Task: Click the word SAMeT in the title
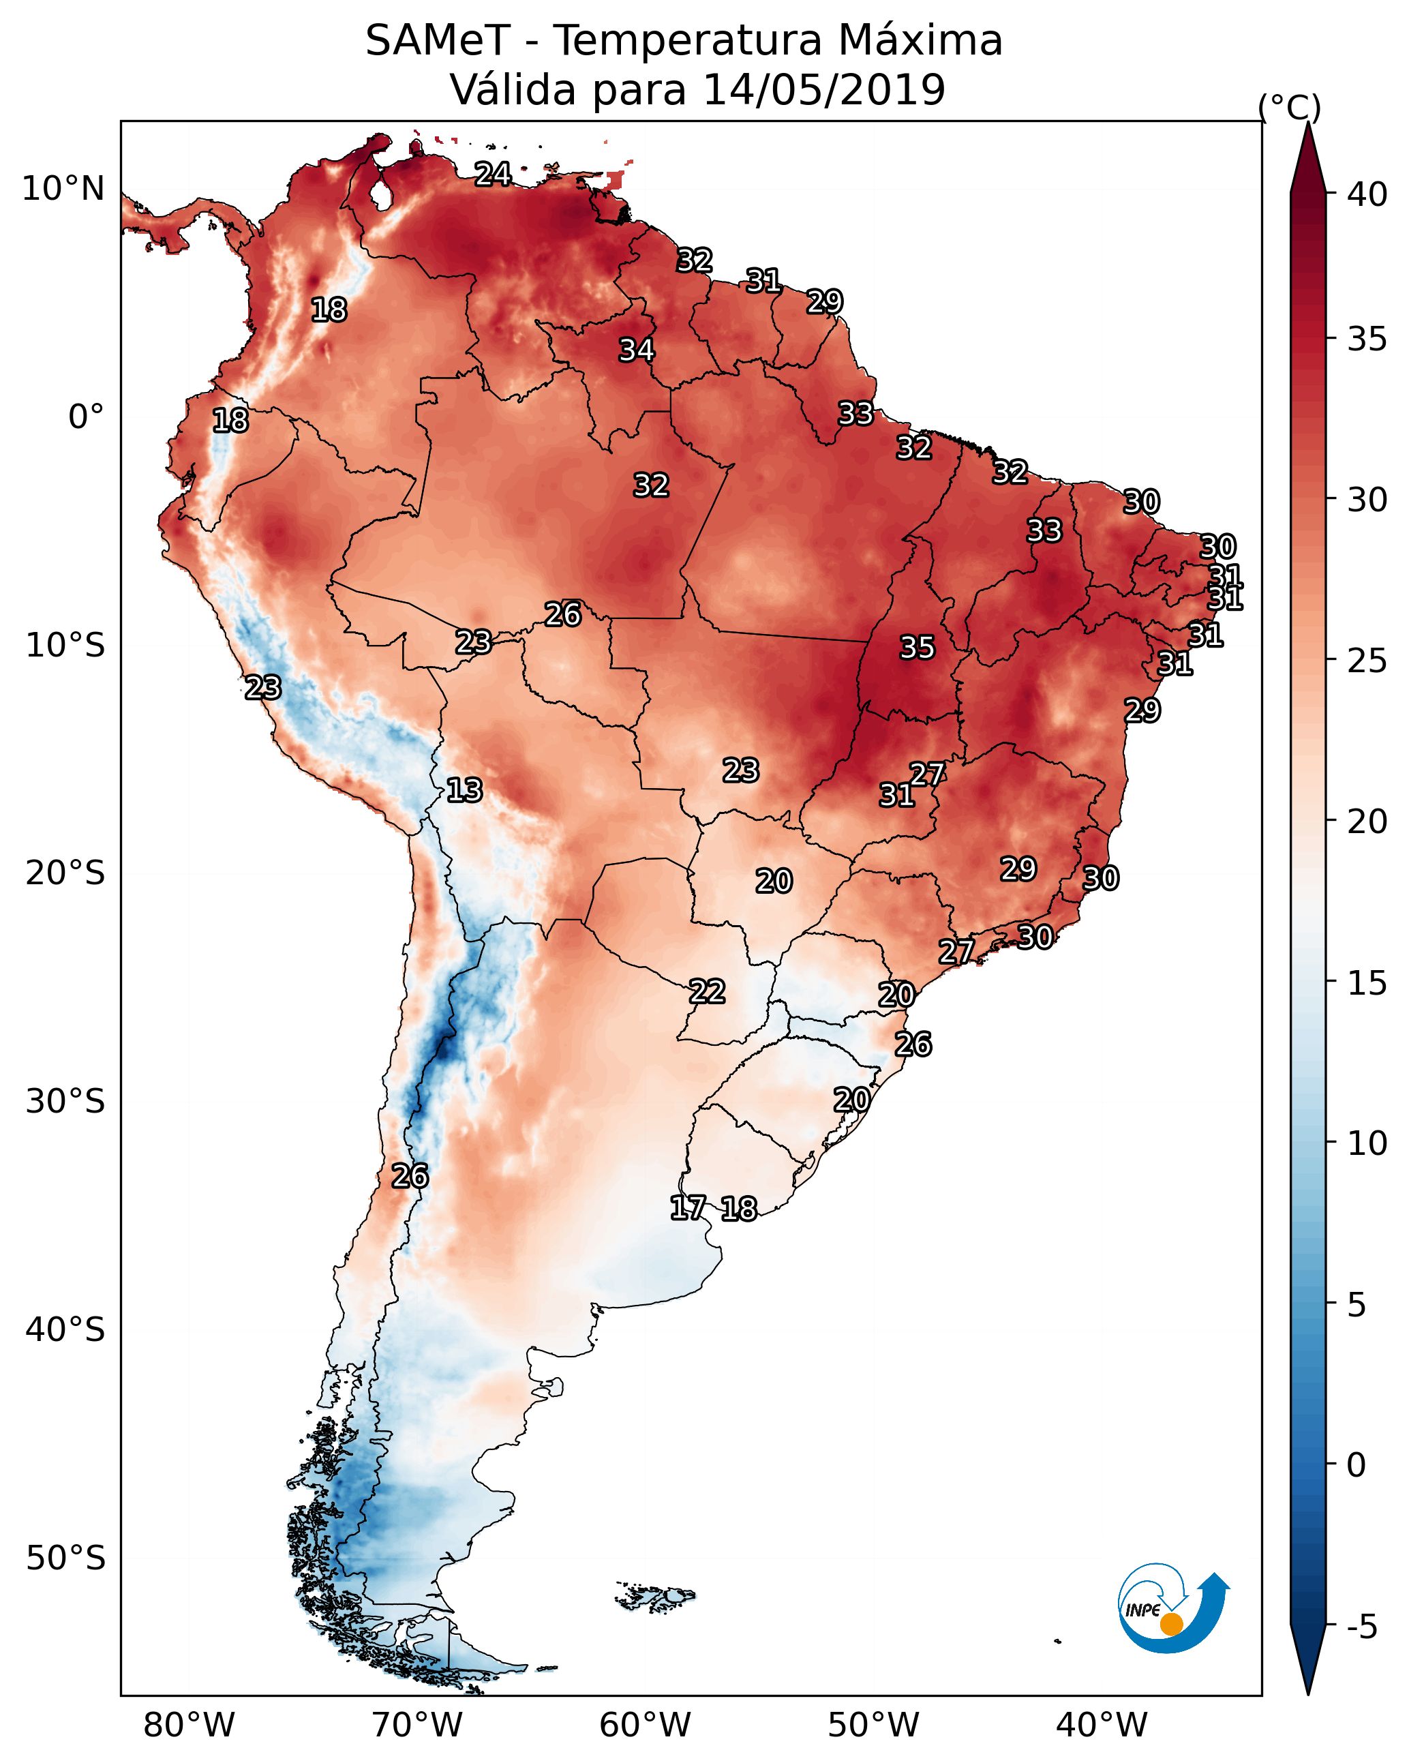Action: (x=438, y=41)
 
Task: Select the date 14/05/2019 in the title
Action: (x=823, y=90)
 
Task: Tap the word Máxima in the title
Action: (x=919, y=41)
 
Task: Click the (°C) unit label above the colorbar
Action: (x=1290, y=107)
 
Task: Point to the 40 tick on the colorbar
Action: (x=1367, y=194)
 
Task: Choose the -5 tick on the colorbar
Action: (x=1361, y=1627)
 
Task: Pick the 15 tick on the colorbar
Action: (x=1367, y=983)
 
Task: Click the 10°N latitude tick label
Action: (x=63, y=189)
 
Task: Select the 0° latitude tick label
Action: (x=86, y=417)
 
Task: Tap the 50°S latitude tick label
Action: (x=65, y=1558)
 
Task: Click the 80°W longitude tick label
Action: (x=189, y=1726)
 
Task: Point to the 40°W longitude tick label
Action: (x=1102, y=1726)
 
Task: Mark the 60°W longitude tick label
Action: (x=646, y=1726)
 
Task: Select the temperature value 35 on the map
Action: (x=917, y=648)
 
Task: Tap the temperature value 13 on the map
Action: (x=464, y=790)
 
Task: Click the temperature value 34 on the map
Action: (x=636, y=350)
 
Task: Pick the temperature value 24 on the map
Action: (x=493, y=174)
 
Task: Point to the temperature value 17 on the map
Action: (x=688, y=1208)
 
